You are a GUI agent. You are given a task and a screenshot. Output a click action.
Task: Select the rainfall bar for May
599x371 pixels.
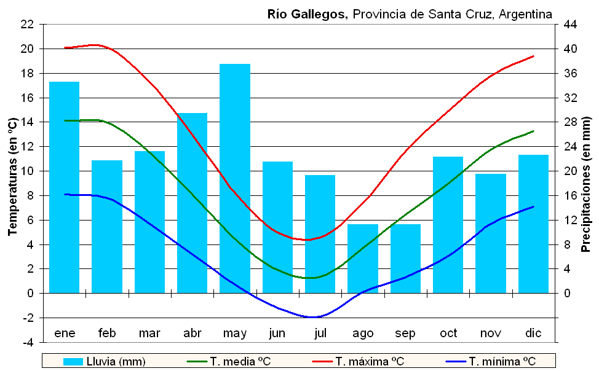(235, 178)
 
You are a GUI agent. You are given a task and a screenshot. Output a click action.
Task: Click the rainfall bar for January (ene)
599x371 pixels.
(65, 187)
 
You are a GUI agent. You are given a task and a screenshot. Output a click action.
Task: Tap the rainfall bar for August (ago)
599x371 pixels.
(363, 259)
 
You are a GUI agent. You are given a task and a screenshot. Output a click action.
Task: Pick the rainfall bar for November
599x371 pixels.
(491, 233)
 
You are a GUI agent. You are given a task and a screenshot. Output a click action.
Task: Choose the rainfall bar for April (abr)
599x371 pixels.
(192, 203)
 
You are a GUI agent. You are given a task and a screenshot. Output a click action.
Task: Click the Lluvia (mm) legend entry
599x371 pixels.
(105, 361)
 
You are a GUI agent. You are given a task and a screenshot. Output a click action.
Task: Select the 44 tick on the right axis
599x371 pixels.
(569, 25)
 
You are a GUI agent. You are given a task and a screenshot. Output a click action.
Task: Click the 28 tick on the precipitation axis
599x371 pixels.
(569, 122)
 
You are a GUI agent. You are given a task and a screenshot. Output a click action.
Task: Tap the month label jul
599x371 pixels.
(320, 334)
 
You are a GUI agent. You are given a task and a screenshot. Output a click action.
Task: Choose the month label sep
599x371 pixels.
(405, 334)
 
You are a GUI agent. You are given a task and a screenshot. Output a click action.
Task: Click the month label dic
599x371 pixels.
(533, 334)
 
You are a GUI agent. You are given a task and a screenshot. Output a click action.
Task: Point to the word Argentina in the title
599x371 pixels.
(526, 14)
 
